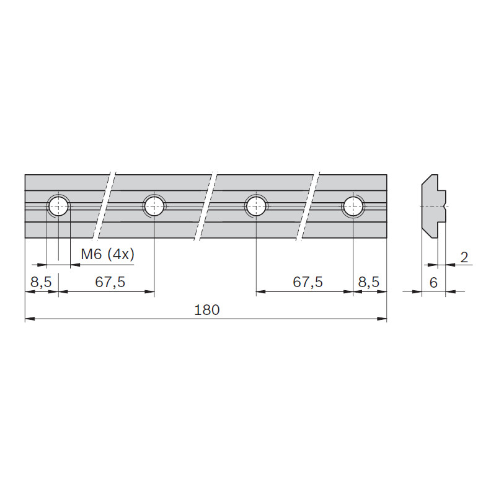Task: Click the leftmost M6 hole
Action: click(x=58, y=206)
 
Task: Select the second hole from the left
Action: click(x=154, y=206)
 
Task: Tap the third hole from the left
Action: click(x=256, y=206)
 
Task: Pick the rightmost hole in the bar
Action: click(x=353, y=206)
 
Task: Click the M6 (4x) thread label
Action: click(x=107, y=254)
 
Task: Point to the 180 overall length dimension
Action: click(x=206, y=310)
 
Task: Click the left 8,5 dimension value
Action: click(x=41, y=282)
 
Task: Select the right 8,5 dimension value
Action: click(x=368, y=282)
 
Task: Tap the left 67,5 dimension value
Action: click(x=110, y=282)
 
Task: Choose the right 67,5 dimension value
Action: click(x=308, y=282)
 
